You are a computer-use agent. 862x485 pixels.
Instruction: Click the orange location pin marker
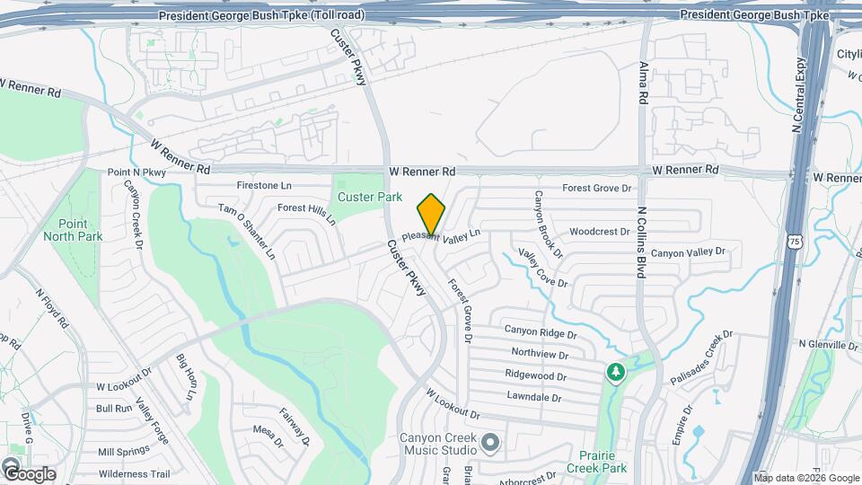click(x=431, y=214)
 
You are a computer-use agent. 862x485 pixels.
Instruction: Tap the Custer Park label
click(x=369, y=197)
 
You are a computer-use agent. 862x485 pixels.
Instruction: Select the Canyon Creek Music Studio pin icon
click(x=489, y=442)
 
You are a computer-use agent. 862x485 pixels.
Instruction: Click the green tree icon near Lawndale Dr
click(x=615, y=371)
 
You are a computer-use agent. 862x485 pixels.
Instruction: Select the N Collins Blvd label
click(x=641, y=242)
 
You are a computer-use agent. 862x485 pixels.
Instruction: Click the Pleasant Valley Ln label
click(x=441, y=234)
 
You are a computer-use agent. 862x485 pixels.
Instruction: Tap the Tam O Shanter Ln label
click(x=247, y=231)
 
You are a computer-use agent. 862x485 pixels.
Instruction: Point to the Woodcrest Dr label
click(x=599, y=232)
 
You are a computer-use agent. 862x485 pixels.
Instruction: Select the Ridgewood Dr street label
click(x=535, y=375)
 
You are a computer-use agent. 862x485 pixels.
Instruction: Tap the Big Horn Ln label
click(x=186, y=378)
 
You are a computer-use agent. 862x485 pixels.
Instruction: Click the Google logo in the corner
click(x=29, y=473)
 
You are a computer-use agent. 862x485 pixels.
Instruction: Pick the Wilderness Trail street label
click(x=134, y=474)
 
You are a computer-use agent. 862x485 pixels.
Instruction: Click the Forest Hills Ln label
click(x=306, y=212)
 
